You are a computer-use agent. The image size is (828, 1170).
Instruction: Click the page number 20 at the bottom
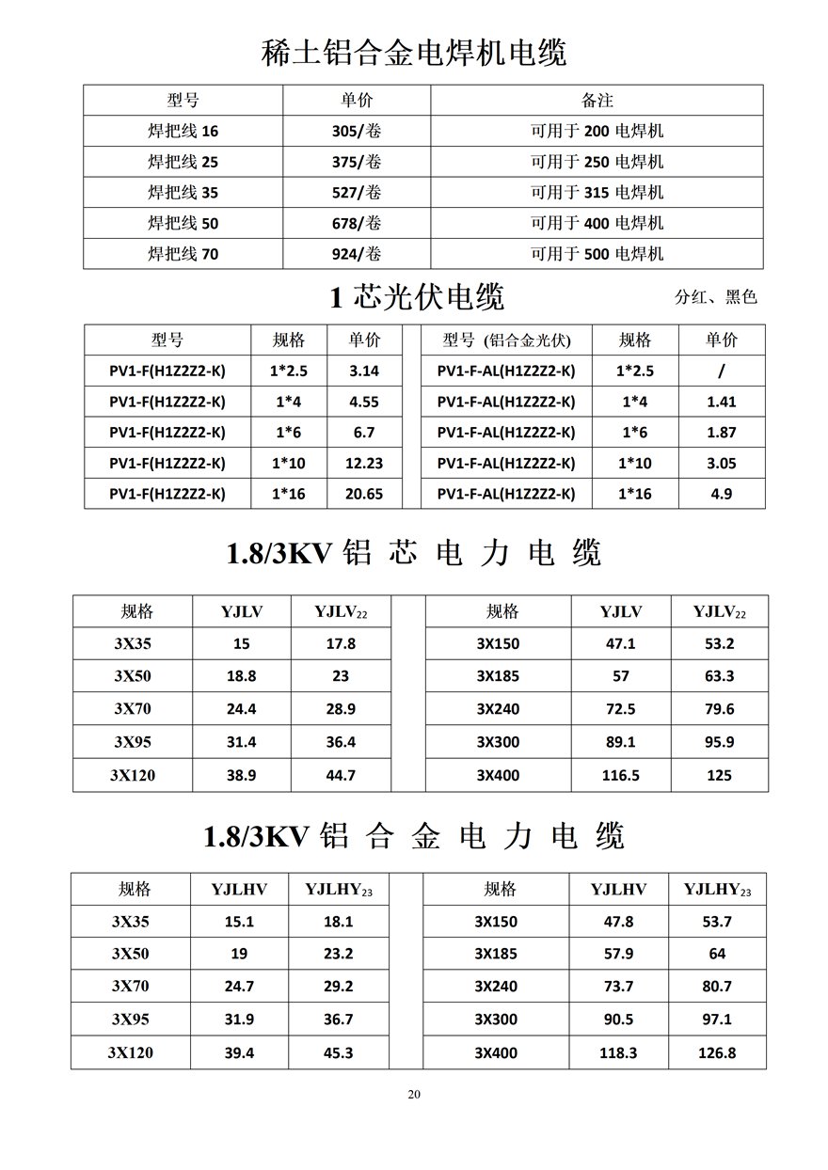pyautogui.click(x=414, y=1094)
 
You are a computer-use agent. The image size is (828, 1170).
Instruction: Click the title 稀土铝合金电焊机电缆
pyautogui.click(x=414, y=53)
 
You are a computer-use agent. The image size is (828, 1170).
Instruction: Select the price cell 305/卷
pyautogui.click(x=357, y=131)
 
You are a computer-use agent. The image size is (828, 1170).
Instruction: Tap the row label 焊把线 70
pyautogui.click(x=183, y=253)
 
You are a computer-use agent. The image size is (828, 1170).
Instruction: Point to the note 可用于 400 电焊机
pyautogui.click(x=597, y=223)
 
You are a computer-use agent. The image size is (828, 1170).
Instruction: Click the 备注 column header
pyautogui.click(x=597, y=100)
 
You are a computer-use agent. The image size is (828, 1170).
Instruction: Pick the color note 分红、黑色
pyautogui.click(x=715, y=297)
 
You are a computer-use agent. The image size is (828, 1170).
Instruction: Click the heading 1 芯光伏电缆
pyautogui.click(x=417, y=297)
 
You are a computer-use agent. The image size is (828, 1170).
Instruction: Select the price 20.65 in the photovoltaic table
pyautogui.click(x=364, y=494)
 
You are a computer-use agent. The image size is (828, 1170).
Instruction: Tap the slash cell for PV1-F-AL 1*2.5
pyautogui.click(x=721, y=371)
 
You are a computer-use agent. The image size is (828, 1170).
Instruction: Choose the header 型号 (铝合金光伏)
pyautogui.click(x=506, y=340)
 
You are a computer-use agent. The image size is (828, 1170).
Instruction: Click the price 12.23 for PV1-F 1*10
pyautogui.click(x=364, y=463)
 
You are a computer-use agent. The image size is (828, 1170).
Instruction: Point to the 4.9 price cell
pyautogui.click(x=721, y=494)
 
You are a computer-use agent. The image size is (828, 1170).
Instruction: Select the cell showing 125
pyautogui.click(x=719, y=775)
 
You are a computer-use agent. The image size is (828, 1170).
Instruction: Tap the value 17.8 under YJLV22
pyautogui.click(x=340, y=643)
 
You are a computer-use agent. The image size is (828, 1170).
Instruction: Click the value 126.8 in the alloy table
pyautogui.click(x=717, y=1053)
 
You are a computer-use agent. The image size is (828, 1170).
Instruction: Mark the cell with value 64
pyautogui.click(x=717, y=954)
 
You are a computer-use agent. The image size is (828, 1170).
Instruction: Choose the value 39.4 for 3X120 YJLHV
pyautogui.click(x=239, y=1053)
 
